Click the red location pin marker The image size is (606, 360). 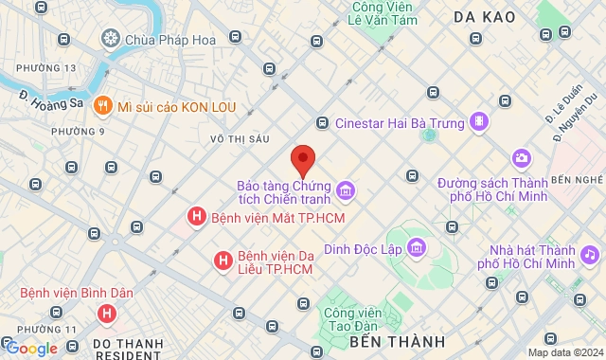coord(303,159)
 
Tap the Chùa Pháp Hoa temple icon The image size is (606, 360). coord(111,39)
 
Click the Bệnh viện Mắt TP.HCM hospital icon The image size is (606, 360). coord(196,218)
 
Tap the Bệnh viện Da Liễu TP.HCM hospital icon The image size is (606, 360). coord(223,260)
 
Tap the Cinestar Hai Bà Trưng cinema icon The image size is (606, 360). coord(481,121)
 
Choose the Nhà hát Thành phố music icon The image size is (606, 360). coord(590,254)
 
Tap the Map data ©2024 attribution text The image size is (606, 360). coord(564,352)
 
